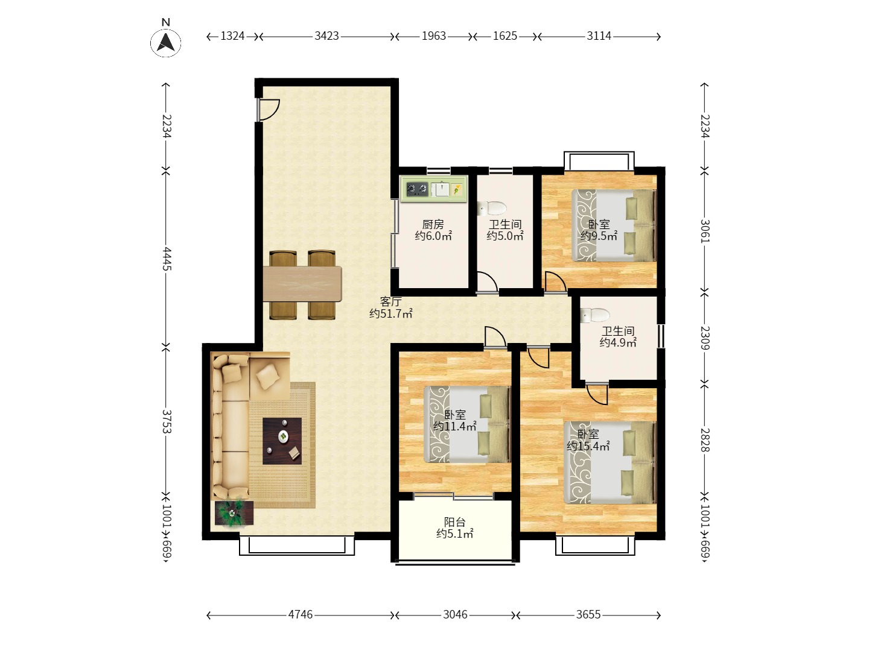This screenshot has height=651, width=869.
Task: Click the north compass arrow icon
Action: click(165, 42)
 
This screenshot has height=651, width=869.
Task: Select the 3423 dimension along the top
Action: click(326, 36)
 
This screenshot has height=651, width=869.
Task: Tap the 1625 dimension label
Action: click(505, 36)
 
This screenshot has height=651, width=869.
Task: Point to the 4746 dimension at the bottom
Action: click(300, 615)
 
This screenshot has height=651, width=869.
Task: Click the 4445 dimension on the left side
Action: click(167, 259)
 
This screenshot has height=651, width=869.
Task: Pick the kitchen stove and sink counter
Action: click(433, 189)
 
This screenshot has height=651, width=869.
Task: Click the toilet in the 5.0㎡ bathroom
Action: click(492, 208)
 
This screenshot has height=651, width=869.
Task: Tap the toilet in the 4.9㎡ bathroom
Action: click(594, 315)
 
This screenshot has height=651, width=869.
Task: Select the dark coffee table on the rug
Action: click(282, 441)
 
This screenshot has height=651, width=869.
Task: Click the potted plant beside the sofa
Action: click(234, 514)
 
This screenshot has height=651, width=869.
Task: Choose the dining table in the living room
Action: click(302, 284)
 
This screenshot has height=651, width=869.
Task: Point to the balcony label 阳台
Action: click(454, 522)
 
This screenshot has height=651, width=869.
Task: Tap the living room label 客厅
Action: click(391, 301)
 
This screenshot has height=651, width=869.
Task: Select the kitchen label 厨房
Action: click(433, 224)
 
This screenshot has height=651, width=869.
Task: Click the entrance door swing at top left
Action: click(269, 110)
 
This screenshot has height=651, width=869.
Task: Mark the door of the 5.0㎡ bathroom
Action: click(487, 282)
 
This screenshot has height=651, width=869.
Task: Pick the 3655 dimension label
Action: click(588, 615)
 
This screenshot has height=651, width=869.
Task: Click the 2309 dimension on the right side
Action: click(705, 338)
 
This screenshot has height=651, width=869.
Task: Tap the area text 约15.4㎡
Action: click(588, 446)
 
